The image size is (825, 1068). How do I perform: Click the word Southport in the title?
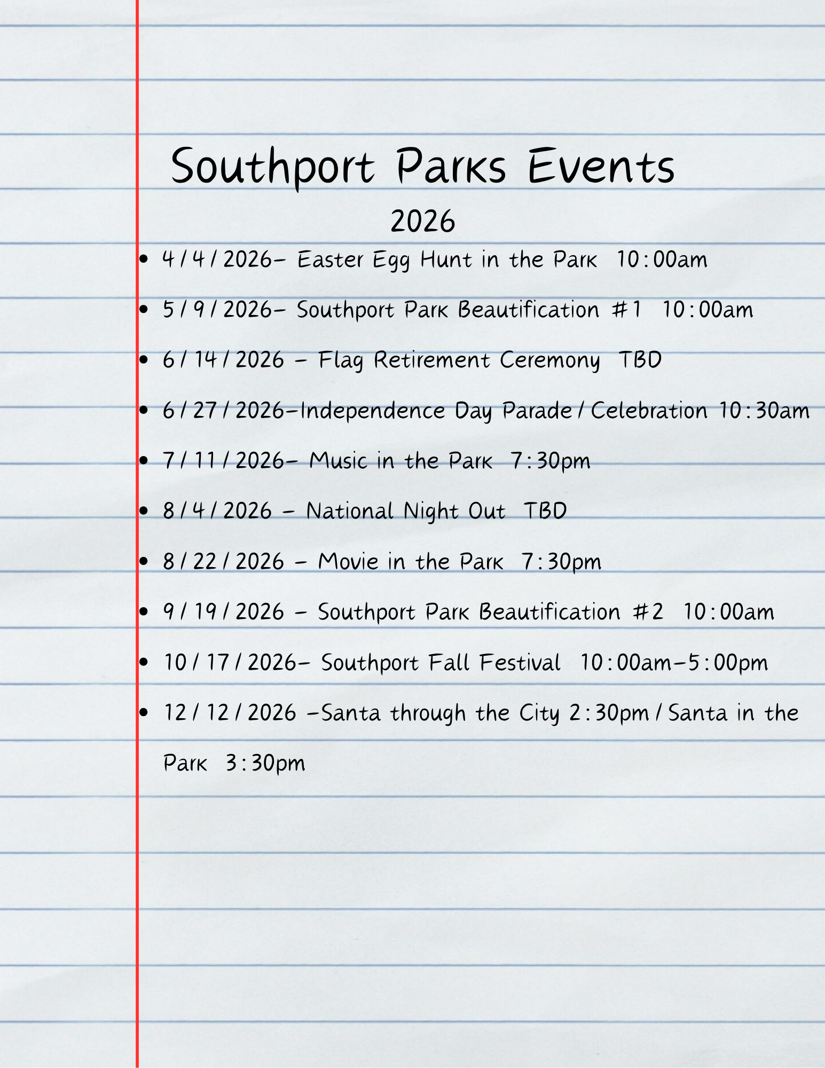[x=272, y=167]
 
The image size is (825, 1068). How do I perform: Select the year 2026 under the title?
[x=422, y=221]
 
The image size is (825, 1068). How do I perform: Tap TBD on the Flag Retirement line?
[x=640, y=360]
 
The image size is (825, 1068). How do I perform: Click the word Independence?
[x=373, y=411]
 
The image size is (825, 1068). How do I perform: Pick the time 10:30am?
[x=764, y=411]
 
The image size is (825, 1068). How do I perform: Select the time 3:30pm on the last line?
[x=265, y=764]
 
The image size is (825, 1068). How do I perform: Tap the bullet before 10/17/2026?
[x=143, y=663]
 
